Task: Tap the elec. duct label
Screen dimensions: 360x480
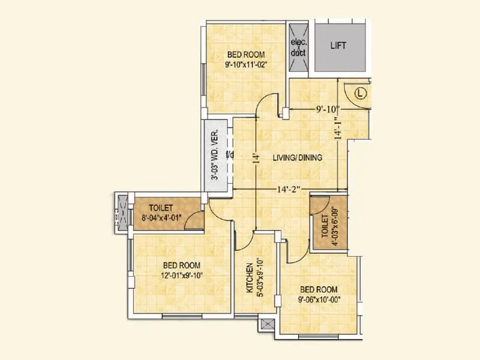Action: [x=298, y=48]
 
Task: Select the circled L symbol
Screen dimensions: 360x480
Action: [x=360, y=93]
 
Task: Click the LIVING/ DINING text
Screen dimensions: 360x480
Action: [x=298, y=158]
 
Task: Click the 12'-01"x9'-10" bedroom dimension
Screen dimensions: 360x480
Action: [x=181, y=275]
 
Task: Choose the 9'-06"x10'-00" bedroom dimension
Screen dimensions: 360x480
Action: [x=319, y=299]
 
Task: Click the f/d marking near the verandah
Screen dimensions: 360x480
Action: [x=229, y=155]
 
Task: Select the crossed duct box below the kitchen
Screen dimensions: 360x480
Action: [x=268, y=325]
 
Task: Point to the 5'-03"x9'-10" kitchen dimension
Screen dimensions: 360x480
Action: [x=259, y=278]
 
